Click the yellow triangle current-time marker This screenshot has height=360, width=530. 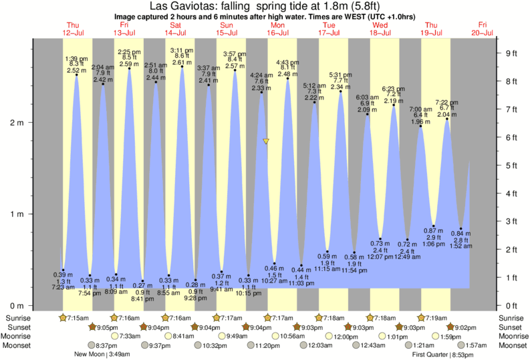pos(266,142)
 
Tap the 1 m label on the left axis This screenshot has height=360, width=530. pos(15,214)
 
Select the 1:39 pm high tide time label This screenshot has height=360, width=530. pos(77,59)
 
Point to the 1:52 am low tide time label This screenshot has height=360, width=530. pos(460,245)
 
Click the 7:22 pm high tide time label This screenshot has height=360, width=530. pos(446,102)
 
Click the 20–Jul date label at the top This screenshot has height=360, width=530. pos(483,32)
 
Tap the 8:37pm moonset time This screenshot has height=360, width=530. pos(104,345)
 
